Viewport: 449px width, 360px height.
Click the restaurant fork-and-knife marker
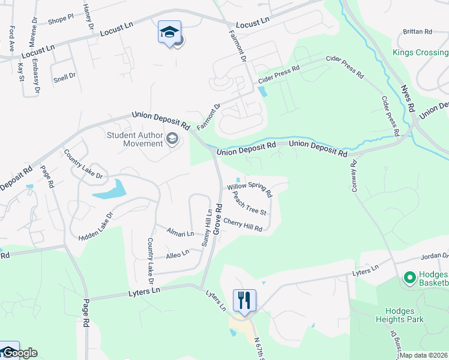pyautogui.click(x=244, y=300)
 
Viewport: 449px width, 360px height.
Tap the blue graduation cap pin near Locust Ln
pyautogui.click(x=169, y=32)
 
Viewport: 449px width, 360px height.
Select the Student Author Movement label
pyautogui.click(x=135, y=139)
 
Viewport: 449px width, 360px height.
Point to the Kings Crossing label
pyautogui.click(x=420, y=52)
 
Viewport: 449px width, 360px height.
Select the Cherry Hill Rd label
pyautogui.click(x=243, y=225)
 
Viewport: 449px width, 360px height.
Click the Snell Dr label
pyautogui.click(x=64, y=76)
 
